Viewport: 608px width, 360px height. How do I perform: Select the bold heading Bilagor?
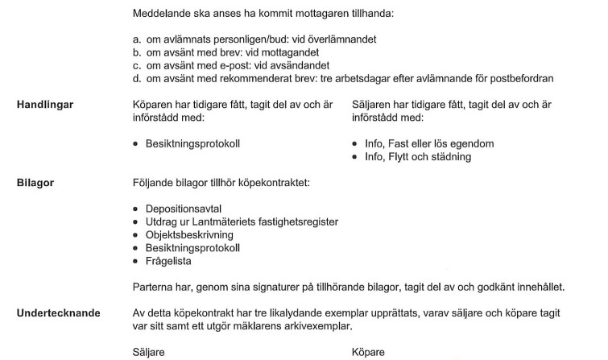pyautogui.click(x=35, y=183)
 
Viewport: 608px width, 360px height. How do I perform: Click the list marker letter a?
pyautogui.click(x=136, y=39)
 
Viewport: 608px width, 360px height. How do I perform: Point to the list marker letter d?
pyautogui.click(x=136, y=78)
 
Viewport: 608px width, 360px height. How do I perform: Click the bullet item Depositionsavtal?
pyautogui.click(x=183, y=209)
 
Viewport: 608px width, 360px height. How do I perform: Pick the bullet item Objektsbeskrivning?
pyautogui.click(x=189, y=235)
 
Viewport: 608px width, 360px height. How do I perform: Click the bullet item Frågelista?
pyautogui.click(x=168, y=261)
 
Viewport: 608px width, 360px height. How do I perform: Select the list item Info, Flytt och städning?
pyautogui.click(x=419, y=157)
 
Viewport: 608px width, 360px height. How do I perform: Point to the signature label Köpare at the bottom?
pyautogui.click(x=368, y=352)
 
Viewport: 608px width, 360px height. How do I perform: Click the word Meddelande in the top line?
pyautogui.click(x=163, y=14)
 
